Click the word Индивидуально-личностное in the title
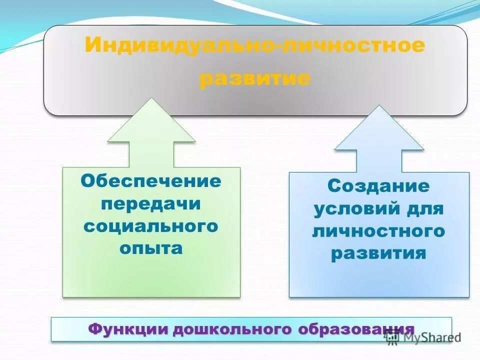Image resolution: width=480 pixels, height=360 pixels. (254, 45)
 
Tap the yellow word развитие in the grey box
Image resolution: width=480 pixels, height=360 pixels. (254, 79)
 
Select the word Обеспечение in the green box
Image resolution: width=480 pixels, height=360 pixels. (151, 181)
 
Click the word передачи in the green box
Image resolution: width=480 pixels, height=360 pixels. (151, 204)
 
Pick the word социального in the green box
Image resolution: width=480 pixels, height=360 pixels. (151, 226)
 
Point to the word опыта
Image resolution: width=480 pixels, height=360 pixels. (151, 248)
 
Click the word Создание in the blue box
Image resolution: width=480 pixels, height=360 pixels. (378, 186)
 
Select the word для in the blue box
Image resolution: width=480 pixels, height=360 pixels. (424, 209)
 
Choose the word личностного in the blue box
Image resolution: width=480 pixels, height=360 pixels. (378, 231)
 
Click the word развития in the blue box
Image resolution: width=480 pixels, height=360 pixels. (378, 253)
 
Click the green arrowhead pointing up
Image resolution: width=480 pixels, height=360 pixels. (151, 122)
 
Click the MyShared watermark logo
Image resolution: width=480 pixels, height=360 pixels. (423, 337)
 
